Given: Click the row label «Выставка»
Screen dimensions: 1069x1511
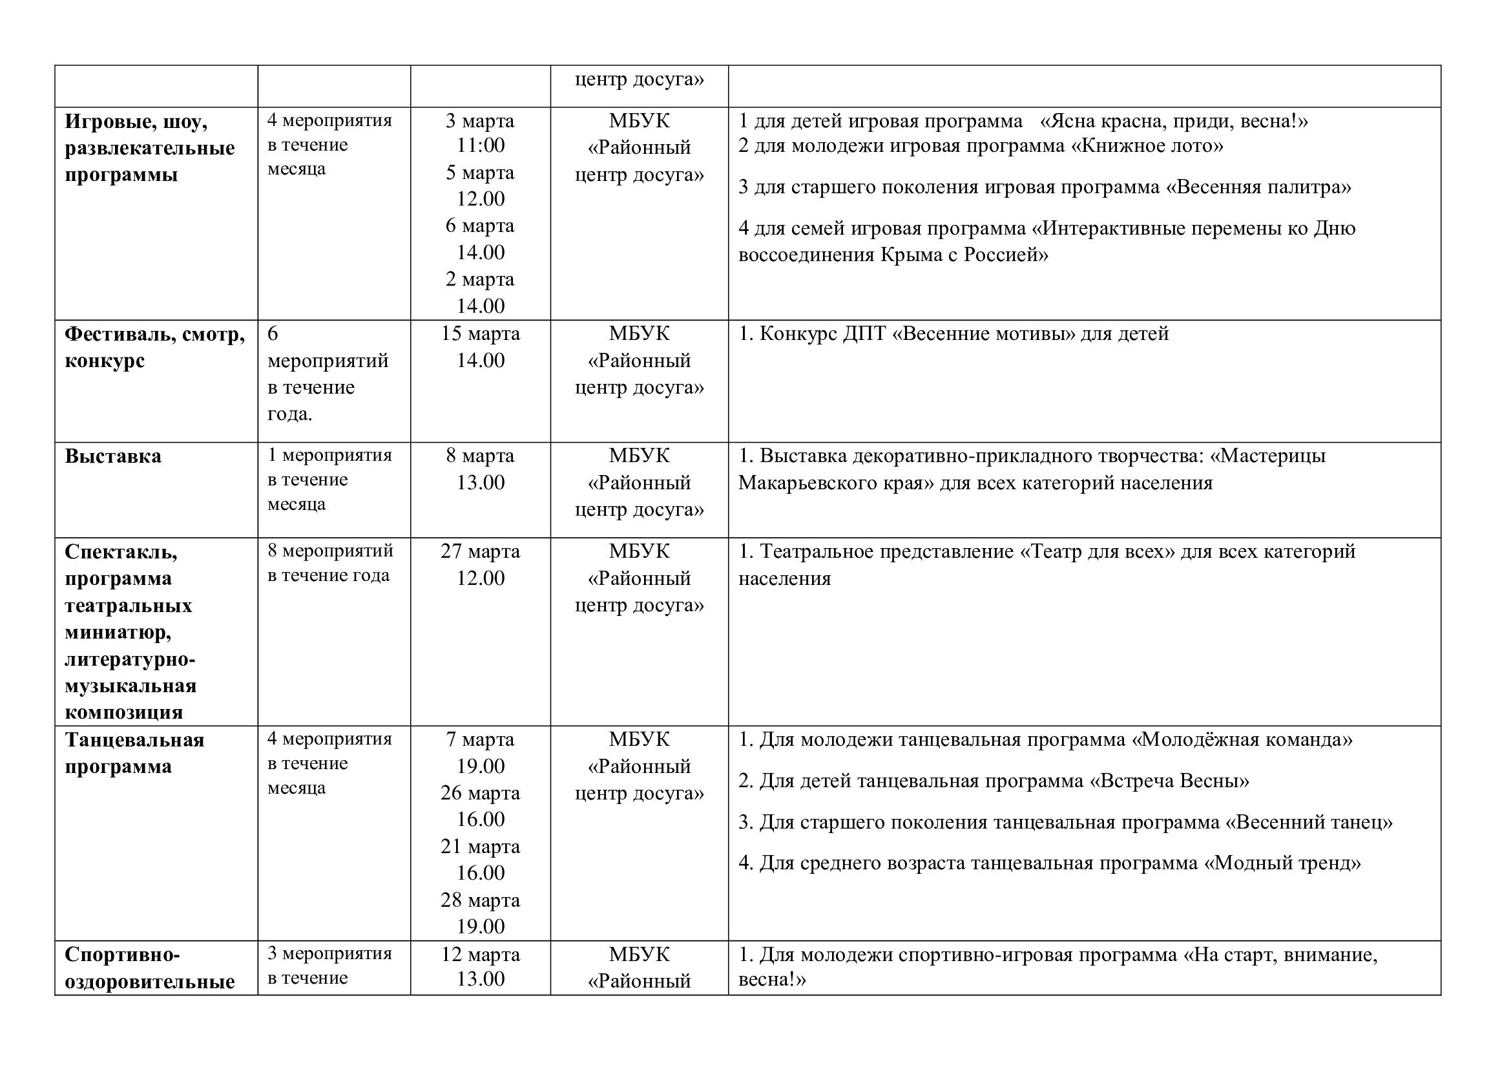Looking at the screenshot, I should (x=112, y=456).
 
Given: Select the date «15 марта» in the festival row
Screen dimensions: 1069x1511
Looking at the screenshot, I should (x=480, y=333).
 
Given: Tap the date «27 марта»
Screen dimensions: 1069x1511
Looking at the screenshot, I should (x=480, y=551).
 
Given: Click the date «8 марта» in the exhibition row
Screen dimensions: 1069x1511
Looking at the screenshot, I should (x=480, y=456).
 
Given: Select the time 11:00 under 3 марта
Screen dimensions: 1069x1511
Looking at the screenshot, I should (x=481, y=145).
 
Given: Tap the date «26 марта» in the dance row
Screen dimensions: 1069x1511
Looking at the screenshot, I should (x=480, y=793).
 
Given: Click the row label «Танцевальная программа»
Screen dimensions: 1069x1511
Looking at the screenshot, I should (x=134, y=753).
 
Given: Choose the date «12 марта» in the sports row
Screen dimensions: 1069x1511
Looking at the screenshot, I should (x=480, y=955).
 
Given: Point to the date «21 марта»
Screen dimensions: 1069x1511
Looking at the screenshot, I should (x=480, y=847).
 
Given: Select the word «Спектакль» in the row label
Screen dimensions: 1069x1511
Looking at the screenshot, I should (x=120, y=551).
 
